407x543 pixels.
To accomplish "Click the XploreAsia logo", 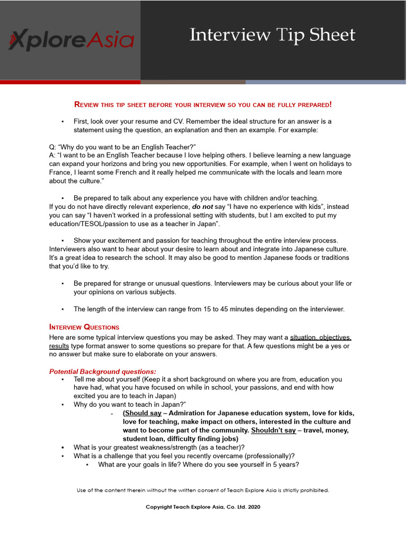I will click(x=71, y=40).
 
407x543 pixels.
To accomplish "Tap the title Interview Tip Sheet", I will click(x=272, y=35).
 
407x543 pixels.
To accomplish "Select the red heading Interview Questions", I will click(x=84, y=327).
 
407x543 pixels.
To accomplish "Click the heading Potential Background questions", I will click(x=103, y=372).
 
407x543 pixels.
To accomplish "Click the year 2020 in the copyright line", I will click(x=253, y=507).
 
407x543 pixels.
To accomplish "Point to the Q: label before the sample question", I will click(x=52, y=147).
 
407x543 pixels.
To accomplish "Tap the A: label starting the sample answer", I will click(x=52, y=155).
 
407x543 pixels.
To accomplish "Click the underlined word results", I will click(x=59, y=346).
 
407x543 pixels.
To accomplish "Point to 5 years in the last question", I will click(x=287, y=465).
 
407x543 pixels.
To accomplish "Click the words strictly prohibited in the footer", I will click(x=308, y=490).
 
